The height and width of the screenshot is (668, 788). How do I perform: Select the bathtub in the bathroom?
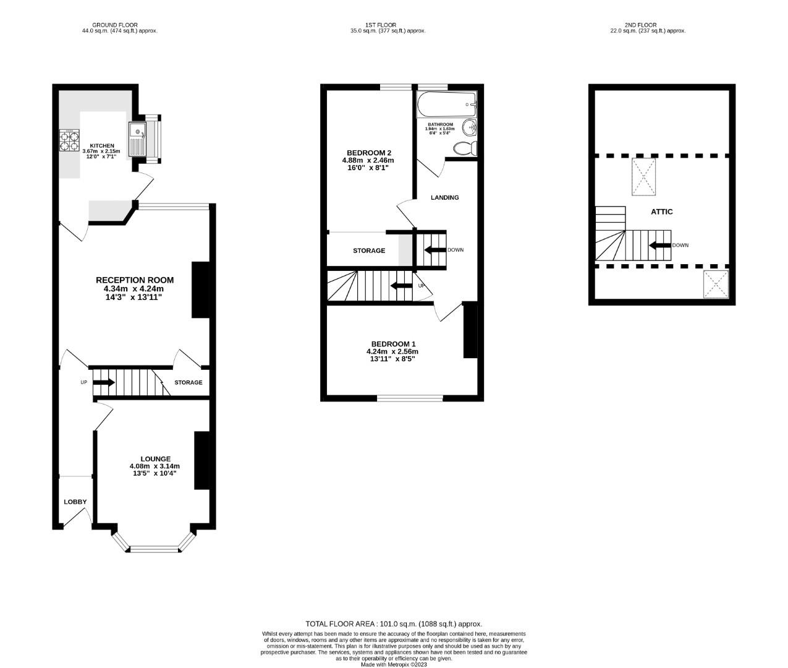[446, 105]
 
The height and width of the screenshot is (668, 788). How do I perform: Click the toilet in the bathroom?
[465, 148]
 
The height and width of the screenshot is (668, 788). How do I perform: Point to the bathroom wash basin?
[470, 128]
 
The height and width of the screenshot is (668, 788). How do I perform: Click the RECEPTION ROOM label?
[134, 280]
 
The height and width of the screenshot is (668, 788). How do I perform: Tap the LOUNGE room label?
[155, 459]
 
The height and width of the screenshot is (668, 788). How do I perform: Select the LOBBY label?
[75, 502]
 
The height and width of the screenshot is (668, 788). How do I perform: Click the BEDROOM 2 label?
[369, 153]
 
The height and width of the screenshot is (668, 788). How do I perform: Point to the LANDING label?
[444, 197]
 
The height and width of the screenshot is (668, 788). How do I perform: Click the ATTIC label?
[661, 212]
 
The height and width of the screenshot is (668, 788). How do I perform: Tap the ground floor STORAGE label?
[188, 382]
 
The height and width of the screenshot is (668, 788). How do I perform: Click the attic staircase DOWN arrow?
[660, 246]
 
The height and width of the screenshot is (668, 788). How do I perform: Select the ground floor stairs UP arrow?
[103, 382]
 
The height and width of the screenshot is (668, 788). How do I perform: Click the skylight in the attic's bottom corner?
[716, 284]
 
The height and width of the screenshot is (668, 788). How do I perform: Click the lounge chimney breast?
[201, 461]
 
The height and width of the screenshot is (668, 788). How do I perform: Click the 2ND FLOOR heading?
[640, 25]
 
